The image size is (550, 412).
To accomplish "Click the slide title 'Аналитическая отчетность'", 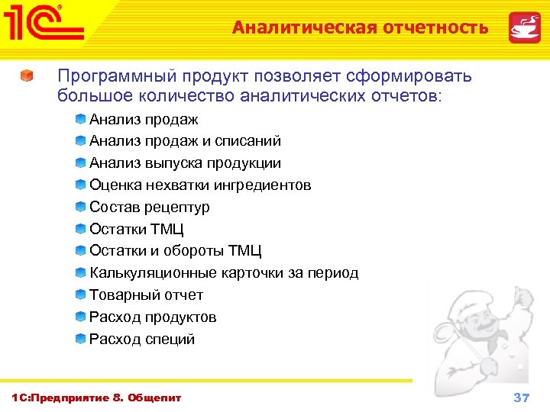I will [x=360, y=28].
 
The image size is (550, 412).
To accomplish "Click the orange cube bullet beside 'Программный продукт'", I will [x=27, y=77].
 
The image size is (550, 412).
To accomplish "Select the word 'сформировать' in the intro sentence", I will [x=409, y=76].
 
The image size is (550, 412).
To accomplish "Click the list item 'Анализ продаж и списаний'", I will [x=185, y=141].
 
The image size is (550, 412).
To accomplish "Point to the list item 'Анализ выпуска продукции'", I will [x=185, y=163].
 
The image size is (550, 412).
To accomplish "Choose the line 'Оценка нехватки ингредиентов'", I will [x=200, y=185].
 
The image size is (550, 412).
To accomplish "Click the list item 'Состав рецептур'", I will [x=149, y=208].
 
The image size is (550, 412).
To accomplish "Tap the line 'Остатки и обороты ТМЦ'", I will [x=175, y=251].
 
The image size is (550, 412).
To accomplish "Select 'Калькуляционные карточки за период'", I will [x=223, y=273].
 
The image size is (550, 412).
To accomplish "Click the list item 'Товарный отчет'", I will [x=146, y=295].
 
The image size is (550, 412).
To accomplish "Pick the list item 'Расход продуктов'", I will [x=153, y=317].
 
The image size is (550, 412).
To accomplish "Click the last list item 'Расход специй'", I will [x=142, y=340].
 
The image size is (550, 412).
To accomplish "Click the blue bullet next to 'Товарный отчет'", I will [x=80, y=295].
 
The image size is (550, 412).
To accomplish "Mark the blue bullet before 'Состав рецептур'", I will [x=80, y=207].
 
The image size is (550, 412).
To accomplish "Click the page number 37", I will [x=522, y=398].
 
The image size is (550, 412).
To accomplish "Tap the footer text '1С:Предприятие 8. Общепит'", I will [x=97, y=398].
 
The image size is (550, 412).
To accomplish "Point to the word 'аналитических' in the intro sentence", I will [x=293, y=97].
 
